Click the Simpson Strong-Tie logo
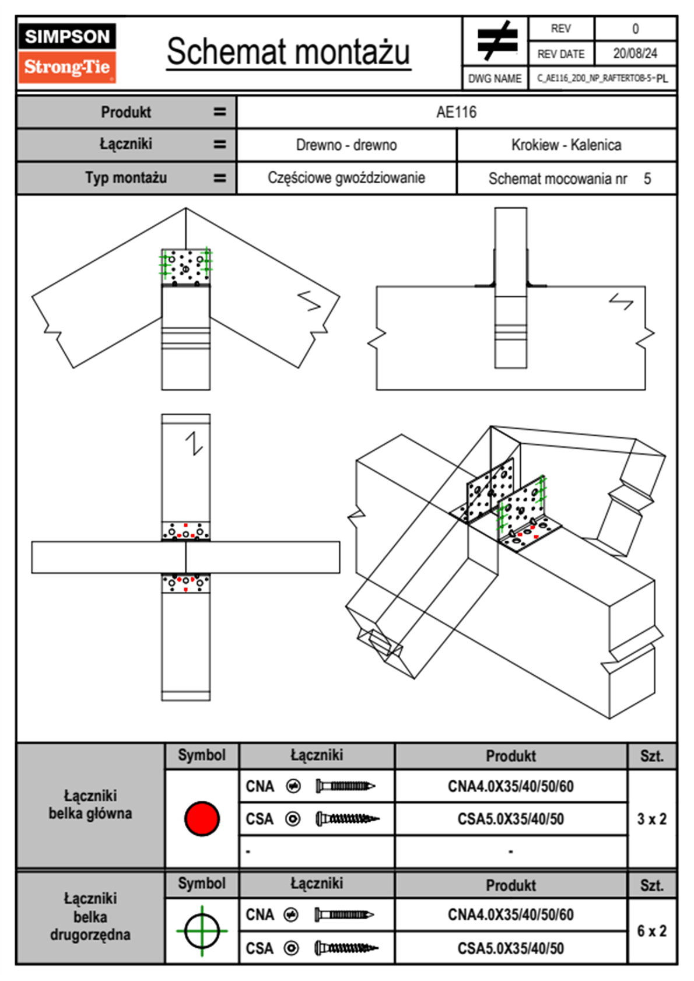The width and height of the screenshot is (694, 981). pyautogui.click(x=67, y=52)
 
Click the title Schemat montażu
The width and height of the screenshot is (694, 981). pyautogui.click(x=289, y=52)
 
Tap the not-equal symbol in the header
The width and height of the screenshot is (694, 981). pyautogui.click(x=496, y=41)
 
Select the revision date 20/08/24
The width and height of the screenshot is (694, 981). pyautogui.click(x=635, y=54)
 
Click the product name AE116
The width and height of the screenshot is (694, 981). pyautogui.click(x=456, y=112)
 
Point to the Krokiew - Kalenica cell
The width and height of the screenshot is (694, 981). pyautogui.click(x=566, y=145)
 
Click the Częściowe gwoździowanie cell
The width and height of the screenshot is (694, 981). pyautogui.click(x=346, y=178)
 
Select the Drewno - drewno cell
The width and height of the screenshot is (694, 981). pyautogui.click(x=346, y=145)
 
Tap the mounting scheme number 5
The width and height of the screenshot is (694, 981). pyautogui.click(x=647, y=178)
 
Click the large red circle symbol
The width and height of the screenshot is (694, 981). pyautogui.click(x=202, y=818)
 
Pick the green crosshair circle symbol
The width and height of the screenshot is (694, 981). pyautogui.click(x=202, y=931)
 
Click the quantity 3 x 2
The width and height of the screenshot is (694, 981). pyautogui.click(x=651, y=819)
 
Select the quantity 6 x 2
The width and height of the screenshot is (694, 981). pyautogui.click(x=651, y=931)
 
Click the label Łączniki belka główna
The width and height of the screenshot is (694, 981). pyautogui.click(x=90, y=805)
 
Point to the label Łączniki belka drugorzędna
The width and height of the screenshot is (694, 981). pyautogui.click(x=90, y=916)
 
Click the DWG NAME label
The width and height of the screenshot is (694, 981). pyautogui.click(x=495, y=79)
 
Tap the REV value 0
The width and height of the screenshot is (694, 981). pyautogui.click(x=635, y=29)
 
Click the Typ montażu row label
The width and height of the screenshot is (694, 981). pyautogui.click(x=126, y=178)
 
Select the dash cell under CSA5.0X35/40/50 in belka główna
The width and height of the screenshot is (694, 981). pyautogui.click(x=511, y=852)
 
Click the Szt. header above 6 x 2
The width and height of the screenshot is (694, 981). pyautogui.click(x=651, y=885)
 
